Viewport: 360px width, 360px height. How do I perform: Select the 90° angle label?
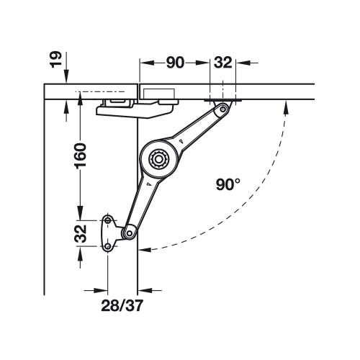(x=227, y=184)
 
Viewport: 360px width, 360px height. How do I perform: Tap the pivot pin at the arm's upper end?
(x=224, y=109)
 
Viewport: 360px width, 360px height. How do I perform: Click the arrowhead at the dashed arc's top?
(x=286, y=105)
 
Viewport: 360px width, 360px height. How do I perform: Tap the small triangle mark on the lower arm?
(x=146, y=186)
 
